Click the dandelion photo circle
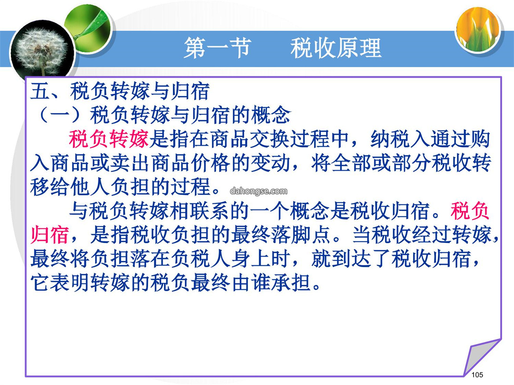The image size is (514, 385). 42,52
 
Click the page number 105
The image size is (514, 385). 477,375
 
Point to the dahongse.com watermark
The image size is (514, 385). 258,191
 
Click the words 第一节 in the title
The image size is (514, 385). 217,48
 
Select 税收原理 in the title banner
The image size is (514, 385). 336,48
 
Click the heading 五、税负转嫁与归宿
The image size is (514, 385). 120,91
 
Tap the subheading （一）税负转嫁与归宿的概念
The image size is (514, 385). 161,115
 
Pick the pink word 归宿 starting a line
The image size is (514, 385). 49,235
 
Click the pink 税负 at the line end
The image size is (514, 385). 470,211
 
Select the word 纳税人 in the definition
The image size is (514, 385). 400,139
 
